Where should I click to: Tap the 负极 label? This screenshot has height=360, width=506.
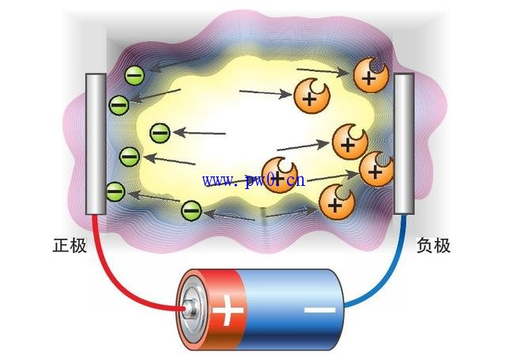[x=433, y=245]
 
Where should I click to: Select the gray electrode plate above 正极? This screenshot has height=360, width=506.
[x=96, y=144]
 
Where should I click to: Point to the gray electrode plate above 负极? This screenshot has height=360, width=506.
[x=404, y=144]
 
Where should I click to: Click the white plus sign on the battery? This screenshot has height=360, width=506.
[x=228, y=312]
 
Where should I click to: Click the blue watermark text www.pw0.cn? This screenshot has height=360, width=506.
[x=253, y=180]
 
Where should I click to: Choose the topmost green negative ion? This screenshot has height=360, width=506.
[x=134, y=76]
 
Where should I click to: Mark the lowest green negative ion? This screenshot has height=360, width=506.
[x=191, y=210]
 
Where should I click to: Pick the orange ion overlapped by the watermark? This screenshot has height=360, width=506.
[x=278, y=175]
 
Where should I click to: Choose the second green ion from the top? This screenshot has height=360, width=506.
[x=119, y=103]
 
